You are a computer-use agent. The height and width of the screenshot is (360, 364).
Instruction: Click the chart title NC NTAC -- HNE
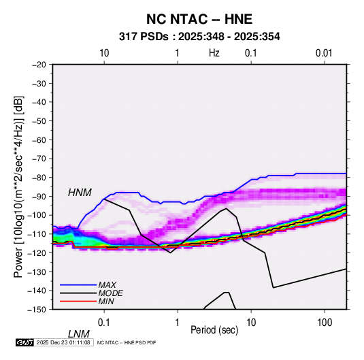click(x=199, y=19)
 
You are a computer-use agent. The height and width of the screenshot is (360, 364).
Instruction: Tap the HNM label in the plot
click(x=80, y=193)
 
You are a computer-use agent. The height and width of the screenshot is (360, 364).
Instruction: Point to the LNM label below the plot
click(x=79, y=334)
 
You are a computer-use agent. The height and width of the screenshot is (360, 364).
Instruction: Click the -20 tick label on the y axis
click(x=39, y=65)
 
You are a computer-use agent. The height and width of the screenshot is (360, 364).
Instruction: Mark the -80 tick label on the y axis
click(x=39, y=178)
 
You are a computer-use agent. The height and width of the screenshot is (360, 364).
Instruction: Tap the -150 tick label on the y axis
click(x=37, y=310)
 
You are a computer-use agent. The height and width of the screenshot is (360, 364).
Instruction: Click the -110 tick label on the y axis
click(x=37, y=234)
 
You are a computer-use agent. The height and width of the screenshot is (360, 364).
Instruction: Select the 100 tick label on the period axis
click(x=325, y=323)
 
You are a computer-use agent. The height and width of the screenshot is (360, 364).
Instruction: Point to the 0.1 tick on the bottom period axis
click(x=104, y=323)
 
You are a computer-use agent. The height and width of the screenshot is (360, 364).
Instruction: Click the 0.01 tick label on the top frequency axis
click(x=324, y=53)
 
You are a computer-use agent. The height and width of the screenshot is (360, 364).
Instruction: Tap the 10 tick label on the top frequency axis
click(x=104, y=53)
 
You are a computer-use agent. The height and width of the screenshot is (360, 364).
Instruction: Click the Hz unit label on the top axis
click(x=214, y=53)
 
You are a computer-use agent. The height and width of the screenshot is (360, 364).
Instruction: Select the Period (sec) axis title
click(x=214, y=330)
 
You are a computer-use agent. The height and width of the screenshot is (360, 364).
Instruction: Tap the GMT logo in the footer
click(x=24, y=342)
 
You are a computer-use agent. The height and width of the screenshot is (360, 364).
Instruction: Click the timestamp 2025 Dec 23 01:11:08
click(x=63, y=342)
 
